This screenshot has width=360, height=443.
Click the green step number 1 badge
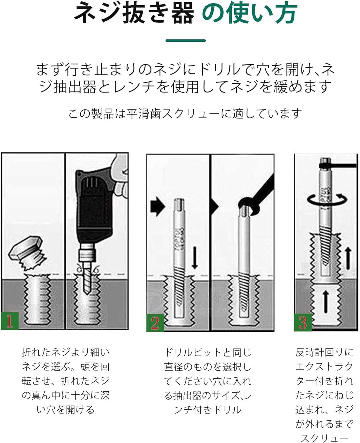[x=9, y=321]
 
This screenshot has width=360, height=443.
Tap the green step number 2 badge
[x=155, y=323]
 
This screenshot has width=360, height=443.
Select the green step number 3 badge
[x=303, y=322]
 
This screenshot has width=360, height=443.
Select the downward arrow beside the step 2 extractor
[x=195, y=258]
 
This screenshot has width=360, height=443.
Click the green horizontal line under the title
[x=186, y=40]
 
